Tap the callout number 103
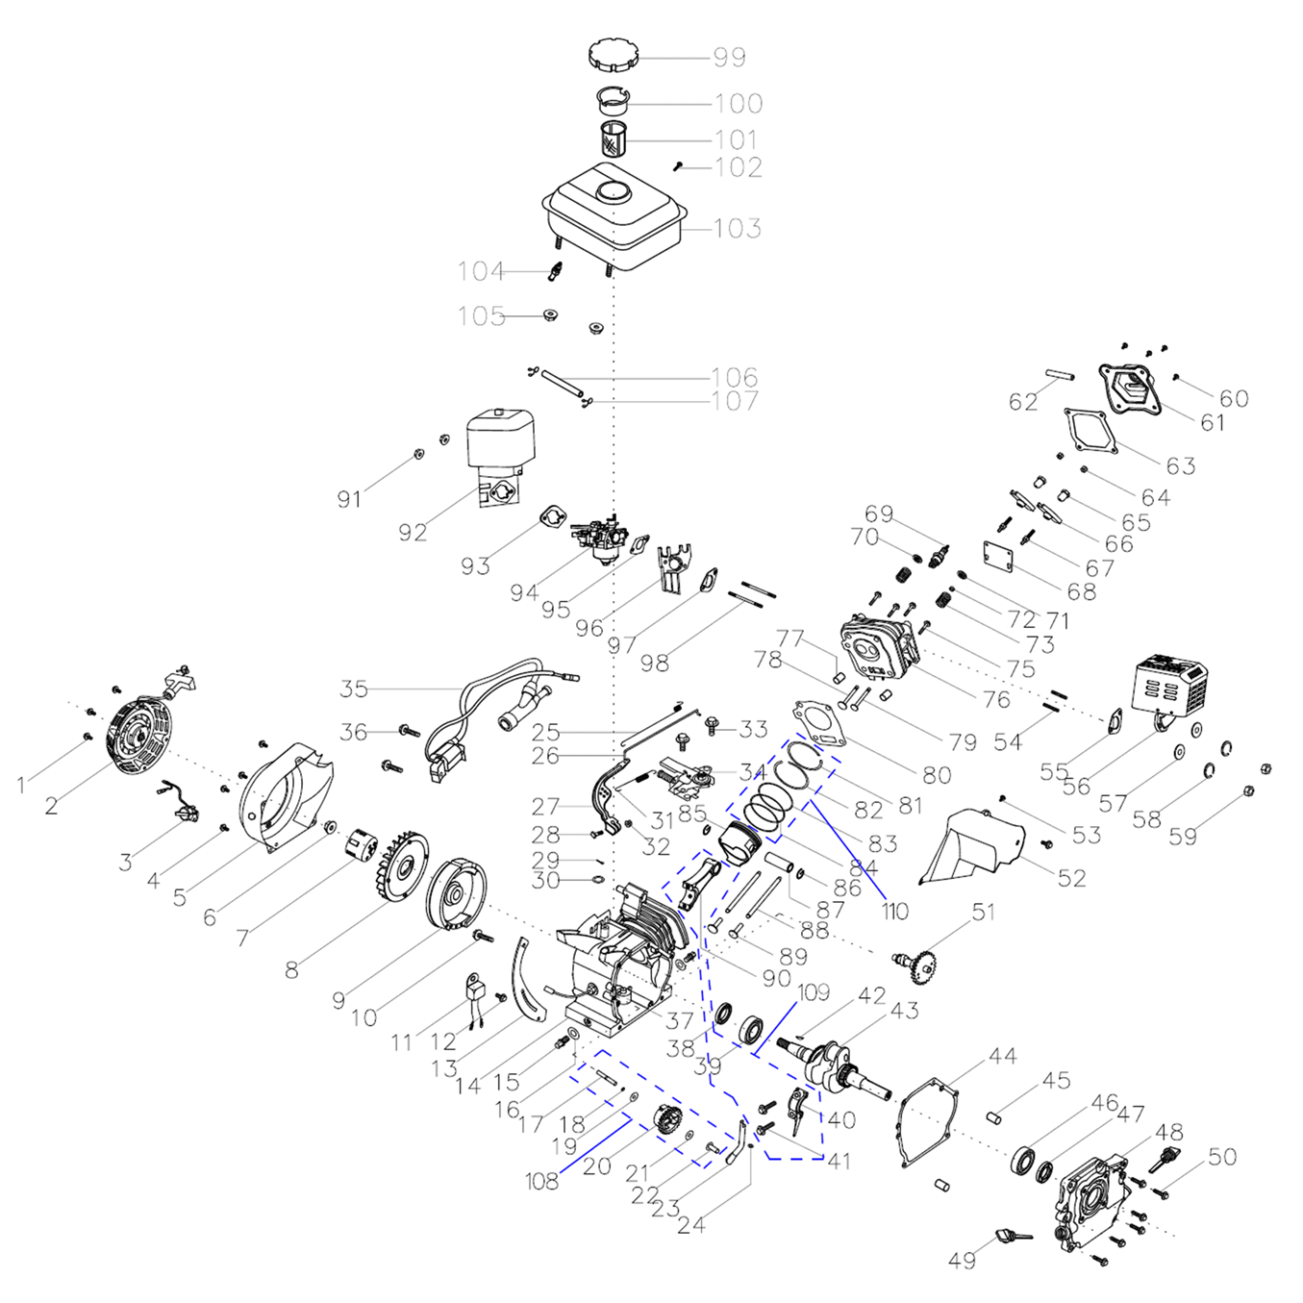pyautogui.click(x=738, y=229)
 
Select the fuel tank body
pyautogui.click(x=615, y=216)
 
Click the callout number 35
pyautogui.click(x=354, y=689)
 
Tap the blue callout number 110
pyautogui.click(x=894, y=911)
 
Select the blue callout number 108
pyautogui.click(x=541, y=1181)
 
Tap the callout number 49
pyautogui.click(x=962, y=1261)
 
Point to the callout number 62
pyautogui.click(x=1023, y=402)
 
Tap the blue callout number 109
pyautogui.click(x=814, y=992)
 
